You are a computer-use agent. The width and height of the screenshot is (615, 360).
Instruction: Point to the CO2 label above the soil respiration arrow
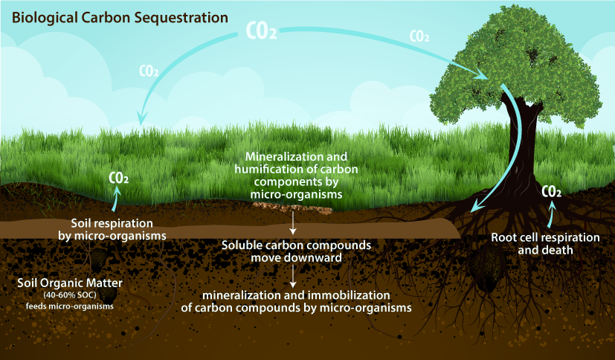pyautogui.click(x=118, y=179)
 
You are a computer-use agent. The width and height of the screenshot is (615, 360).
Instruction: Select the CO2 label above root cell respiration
pyautogui.click(x=551, y=191)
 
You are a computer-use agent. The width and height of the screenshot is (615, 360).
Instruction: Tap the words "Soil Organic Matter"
pyautogui.click(x=62, y=283)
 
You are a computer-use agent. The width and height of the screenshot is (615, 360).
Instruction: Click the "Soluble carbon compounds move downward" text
pyautogui.click(x=297, y=251)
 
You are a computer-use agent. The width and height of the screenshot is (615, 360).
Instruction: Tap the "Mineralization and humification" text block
pyautogui.click(x=296, y=176)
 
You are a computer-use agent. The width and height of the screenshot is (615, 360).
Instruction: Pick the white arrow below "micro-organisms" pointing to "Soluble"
pyautogui.click(x=294, y=222)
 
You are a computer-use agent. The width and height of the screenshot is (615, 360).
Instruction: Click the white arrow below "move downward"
pyautogui.click(x=294, y=276)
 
